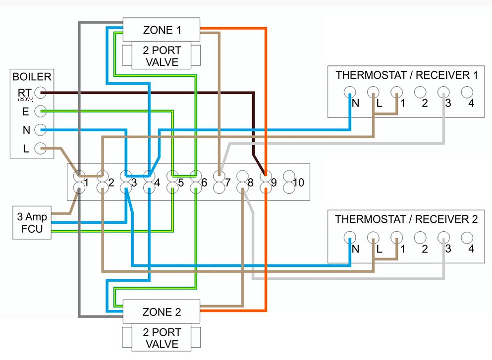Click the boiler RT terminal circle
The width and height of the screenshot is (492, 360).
click(x=41, y=93)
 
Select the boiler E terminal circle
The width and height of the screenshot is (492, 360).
click(x=41, y=111)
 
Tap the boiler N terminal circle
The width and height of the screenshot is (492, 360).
click(x=41, y=130)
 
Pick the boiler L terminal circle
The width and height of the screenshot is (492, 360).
click(x=41, y=148)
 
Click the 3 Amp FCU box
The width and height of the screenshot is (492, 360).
click(x=31, y=222)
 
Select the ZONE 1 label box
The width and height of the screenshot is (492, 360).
click(x=162, y=30)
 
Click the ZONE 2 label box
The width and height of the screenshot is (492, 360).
click(x=162, y=312)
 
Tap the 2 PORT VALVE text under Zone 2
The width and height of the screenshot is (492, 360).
click(x=162, y=338)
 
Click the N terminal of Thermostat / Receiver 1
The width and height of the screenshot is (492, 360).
click(x=350, y=92)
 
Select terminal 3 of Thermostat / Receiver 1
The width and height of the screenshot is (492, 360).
click(x=443, y=92)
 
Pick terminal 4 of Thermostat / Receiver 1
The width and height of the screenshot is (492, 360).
click(x=467, y=92)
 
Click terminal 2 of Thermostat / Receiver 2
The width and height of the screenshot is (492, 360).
click(x=420, y=238)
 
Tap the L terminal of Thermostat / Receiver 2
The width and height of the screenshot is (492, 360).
click(x=373, y=238)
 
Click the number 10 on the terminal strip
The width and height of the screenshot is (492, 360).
click(x=298, y=183)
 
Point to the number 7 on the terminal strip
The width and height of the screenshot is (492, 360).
click(x=227, y=183)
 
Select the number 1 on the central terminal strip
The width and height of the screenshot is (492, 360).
click(x=86, y=183)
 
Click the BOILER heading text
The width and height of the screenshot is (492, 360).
click(x=32, y=77)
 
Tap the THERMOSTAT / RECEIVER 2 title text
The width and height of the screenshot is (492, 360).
click(x=406, y=219)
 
